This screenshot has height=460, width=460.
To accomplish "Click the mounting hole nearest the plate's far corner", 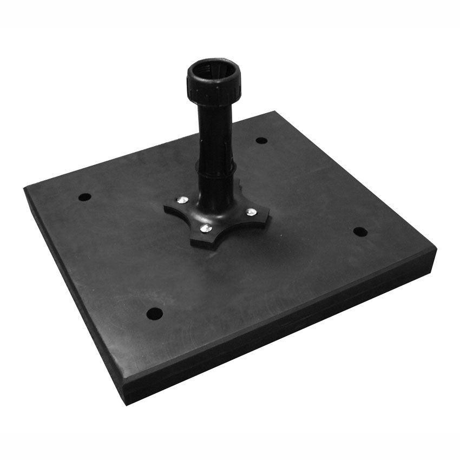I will coord(261,140).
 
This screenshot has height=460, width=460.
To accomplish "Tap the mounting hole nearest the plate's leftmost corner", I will coord(84,197).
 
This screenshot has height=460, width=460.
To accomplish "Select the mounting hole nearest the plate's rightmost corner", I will coord(360,232).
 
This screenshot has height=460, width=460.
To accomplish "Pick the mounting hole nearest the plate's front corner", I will coord(155,313).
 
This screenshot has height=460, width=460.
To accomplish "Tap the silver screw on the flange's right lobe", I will coord(251,212).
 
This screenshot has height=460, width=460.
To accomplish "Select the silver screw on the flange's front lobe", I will coord(204,229).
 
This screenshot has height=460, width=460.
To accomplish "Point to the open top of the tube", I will coord(213,71).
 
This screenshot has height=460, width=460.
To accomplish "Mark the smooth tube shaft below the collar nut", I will coord(215,130).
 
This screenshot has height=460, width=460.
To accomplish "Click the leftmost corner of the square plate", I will coord(25,188).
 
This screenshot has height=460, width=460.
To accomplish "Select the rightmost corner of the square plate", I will coord(436,249).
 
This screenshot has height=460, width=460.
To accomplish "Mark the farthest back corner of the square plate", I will coord(274,112).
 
